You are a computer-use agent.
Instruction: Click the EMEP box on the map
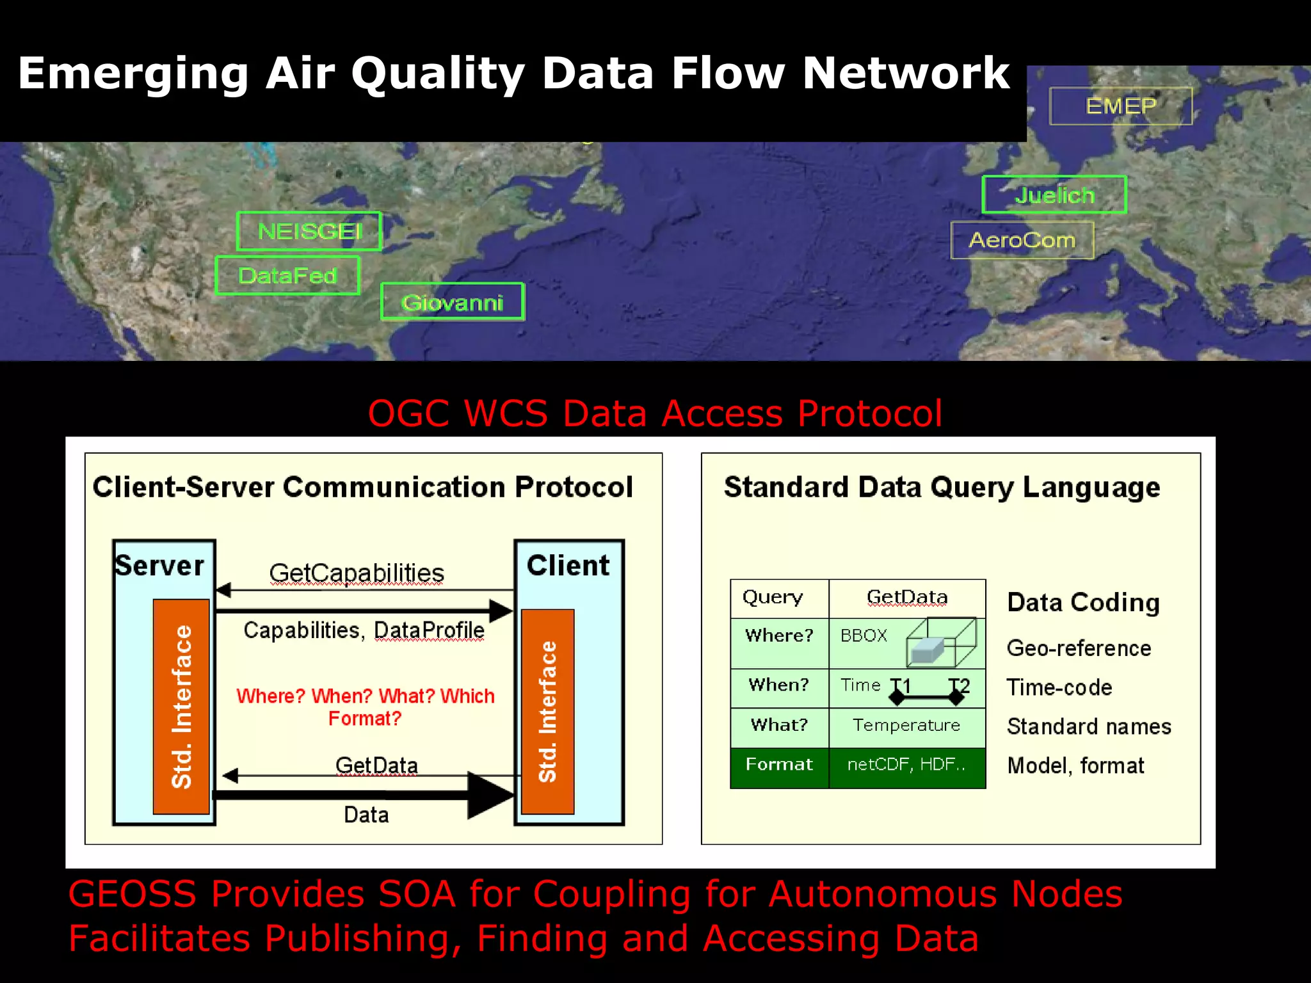[1120, 106]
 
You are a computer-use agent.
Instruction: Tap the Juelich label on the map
[1054, 195]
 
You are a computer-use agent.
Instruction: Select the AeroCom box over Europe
[1022, 240]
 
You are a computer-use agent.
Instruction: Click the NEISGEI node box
[309, 231]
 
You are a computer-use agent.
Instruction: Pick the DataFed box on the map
[287, 276]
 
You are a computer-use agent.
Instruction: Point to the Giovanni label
[452, 302]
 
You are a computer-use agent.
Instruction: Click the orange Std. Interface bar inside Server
[181, 707]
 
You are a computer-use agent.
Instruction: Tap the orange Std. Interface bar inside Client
[547, 712]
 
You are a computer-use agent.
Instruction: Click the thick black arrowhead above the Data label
[490, 795]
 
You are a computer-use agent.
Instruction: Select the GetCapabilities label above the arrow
[357, 573]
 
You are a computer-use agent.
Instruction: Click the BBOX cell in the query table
[864, 635]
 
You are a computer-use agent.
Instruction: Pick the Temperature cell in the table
[906, 725]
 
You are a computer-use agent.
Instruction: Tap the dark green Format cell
[779, 765]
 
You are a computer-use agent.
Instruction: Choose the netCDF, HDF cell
[906, 765]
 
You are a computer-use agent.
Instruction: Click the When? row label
[779, 685]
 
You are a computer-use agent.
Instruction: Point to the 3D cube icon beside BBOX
[941, 643]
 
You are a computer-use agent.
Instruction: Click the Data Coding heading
[1083, 603]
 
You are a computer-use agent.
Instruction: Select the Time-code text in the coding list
[1059, 687]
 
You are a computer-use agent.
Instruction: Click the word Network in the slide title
[905, 73]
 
